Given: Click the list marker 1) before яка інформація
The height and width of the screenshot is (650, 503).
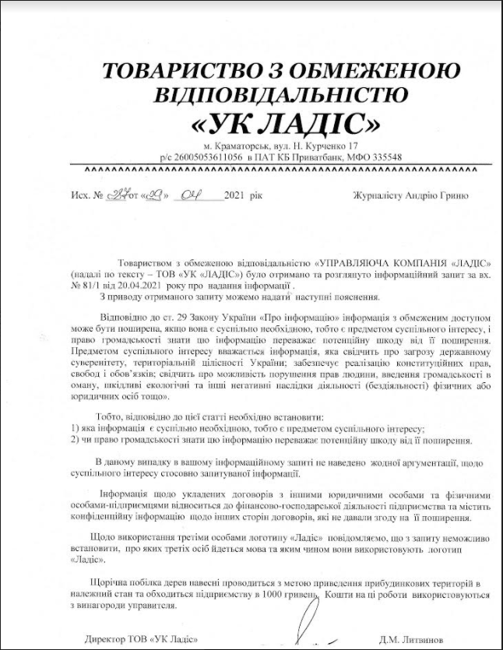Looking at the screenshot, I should point(74,429).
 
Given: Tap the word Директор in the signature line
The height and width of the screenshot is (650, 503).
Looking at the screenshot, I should point(108,638).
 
